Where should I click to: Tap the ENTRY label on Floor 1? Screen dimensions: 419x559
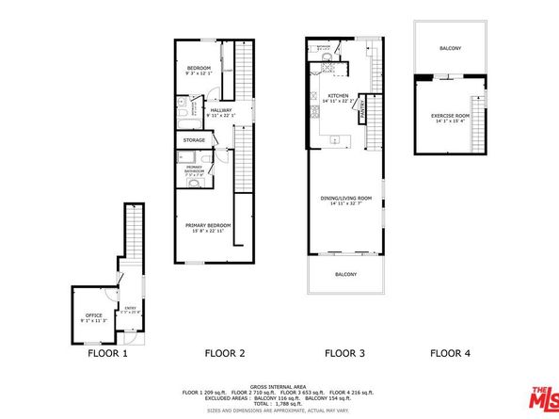[130, 306]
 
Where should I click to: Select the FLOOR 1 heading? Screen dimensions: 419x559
[107, 354]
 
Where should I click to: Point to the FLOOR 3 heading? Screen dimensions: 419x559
[343, 354]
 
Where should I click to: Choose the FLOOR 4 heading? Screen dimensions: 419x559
[449, 354]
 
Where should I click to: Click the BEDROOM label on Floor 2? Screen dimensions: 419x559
[198, 69]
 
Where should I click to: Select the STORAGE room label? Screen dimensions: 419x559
[194, 140]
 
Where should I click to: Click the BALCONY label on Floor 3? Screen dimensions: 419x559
[345, 274]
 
